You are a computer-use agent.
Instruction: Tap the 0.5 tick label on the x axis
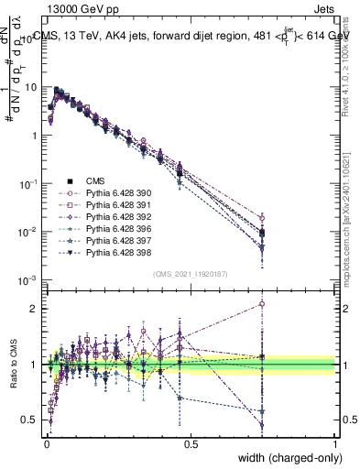[191, 442]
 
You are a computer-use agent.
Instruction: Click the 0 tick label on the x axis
[47, 442]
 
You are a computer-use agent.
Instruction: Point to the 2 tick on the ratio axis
[34, 309]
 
